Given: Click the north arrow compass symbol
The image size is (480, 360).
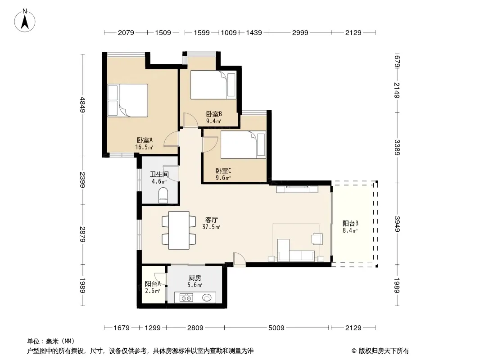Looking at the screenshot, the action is [25, 21].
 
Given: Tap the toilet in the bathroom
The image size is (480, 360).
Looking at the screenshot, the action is [163, 195].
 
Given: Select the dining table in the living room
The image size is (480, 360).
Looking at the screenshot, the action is [179, 230].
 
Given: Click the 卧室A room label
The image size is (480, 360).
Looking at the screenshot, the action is [145, 144].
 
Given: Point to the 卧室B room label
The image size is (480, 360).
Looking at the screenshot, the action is [214, 117].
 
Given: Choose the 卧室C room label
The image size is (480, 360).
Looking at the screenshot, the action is [223, 174].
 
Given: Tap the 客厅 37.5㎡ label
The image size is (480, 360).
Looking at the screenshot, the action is [211, 223].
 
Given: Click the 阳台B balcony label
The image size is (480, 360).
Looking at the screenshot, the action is [350, 227].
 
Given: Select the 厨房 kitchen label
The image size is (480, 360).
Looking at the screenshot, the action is [195, 281].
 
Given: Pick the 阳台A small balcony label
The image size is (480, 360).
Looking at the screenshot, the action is [153, 287].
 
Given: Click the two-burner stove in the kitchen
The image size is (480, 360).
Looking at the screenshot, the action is [186, 297].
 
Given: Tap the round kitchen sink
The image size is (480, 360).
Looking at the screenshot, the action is [207, 297].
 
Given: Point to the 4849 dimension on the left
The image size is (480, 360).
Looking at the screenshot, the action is [82, 104].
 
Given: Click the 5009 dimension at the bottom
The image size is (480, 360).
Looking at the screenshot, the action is [276, 328].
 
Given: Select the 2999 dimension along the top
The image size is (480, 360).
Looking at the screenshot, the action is [300, 32].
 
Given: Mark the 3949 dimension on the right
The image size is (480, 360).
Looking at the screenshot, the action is [397, 224].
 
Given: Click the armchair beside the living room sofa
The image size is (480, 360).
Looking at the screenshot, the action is [317, 238].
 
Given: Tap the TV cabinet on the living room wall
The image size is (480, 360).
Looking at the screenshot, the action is [297, 189].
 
